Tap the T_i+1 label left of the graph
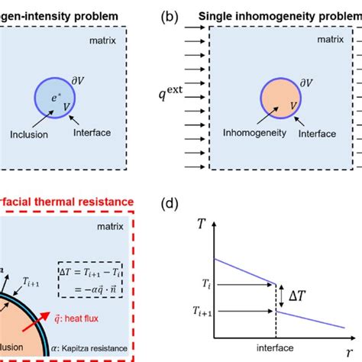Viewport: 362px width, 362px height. (x=202, y=312)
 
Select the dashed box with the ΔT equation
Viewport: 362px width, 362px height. (x=97, y=280)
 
